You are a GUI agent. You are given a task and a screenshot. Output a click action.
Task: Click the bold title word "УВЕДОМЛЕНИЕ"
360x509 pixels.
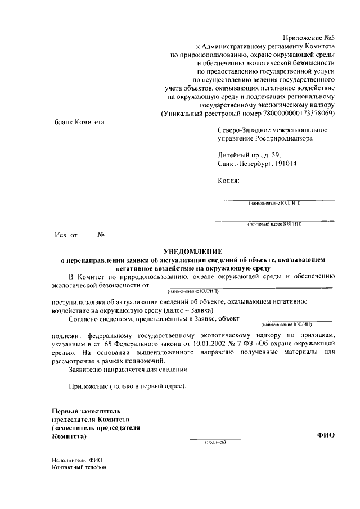(x=193, y=251)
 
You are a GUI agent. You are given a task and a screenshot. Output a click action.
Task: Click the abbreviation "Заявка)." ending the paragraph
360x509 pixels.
(x=199, y=311)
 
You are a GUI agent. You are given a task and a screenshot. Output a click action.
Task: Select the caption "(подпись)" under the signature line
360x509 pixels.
(x=214, y=442)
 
